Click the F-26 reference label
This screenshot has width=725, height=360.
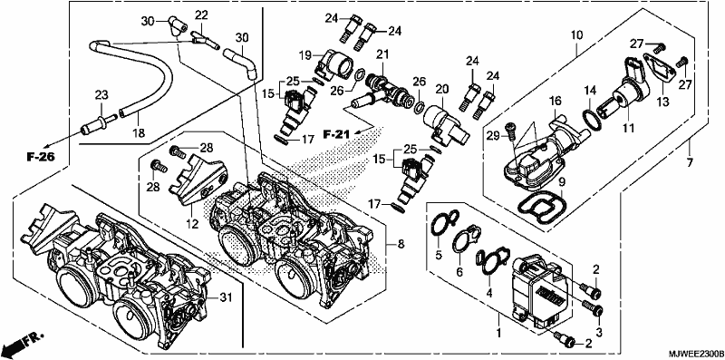pyautogui.click(x=40, y=157)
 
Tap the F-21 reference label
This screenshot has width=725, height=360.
pyautogui.click(x=336, y=134)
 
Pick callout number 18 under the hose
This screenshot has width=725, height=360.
pyautogui.click(x=140, y=133)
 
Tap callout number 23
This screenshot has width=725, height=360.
pyautogui.click(x=101, y=96)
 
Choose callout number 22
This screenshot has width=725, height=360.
pyautogui.click(x=201, y=15)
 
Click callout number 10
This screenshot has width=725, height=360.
pyautogui.click(x=576, y=34)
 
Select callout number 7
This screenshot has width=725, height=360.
pyautogui.click(x=689, y=162)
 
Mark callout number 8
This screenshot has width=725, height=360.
pyautogui.click(x=401, y=243)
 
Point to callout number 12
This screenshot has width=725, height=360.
pyautogui.click(x=192, y=224)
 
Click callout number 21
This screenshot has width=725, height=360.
pyautogui.click(x=382, y=55)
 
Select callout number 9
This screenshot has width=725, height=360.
pyautogui.click(x=561, y=180)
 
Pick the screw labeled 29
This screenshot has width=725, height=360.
pyautogui.click(x=509, y=129)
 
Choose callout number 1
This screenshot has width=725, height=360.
pyautogui.click(x=498, y=332)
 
